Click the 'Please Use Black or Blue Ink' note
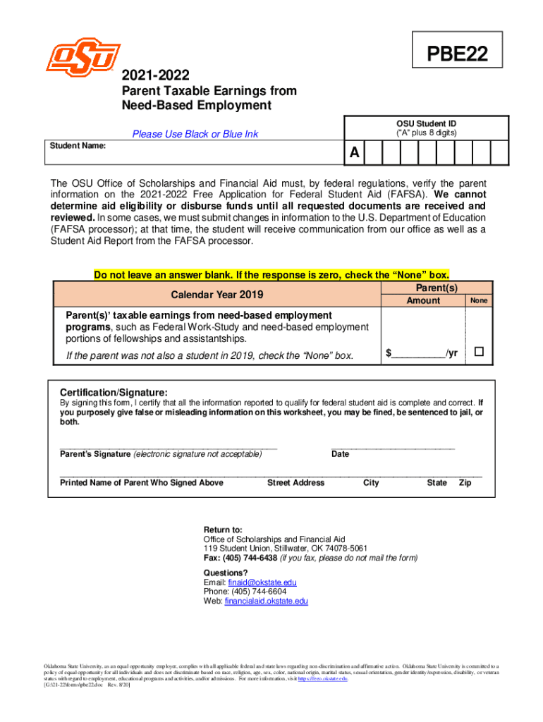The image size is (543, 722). [195, 134]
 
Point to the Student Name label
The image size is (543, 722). [78, 145]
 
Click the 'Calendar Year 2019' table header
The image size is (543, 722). [216, 293]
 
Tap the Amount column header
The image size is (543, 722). [423, 300]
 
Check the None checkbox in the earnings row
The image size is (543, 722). [480, 351]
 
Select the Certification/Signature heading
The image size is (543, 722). [114, 391]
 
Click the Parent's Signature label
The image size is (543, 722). [95, 453]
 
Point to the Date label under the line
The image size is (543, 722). [340, 454]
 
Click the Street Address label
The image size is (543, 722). [295, 483]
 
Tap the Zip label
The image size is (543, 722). [465, 483]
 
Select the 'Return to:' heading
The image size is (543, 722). [223, 530]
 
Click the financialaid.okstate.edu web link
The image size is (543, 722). [267, 601]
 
